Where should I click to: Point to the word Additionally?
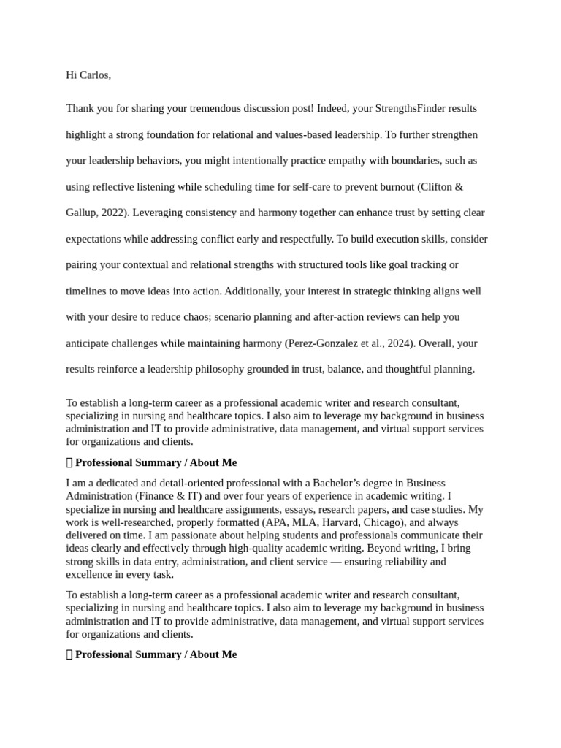(253, 291)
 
